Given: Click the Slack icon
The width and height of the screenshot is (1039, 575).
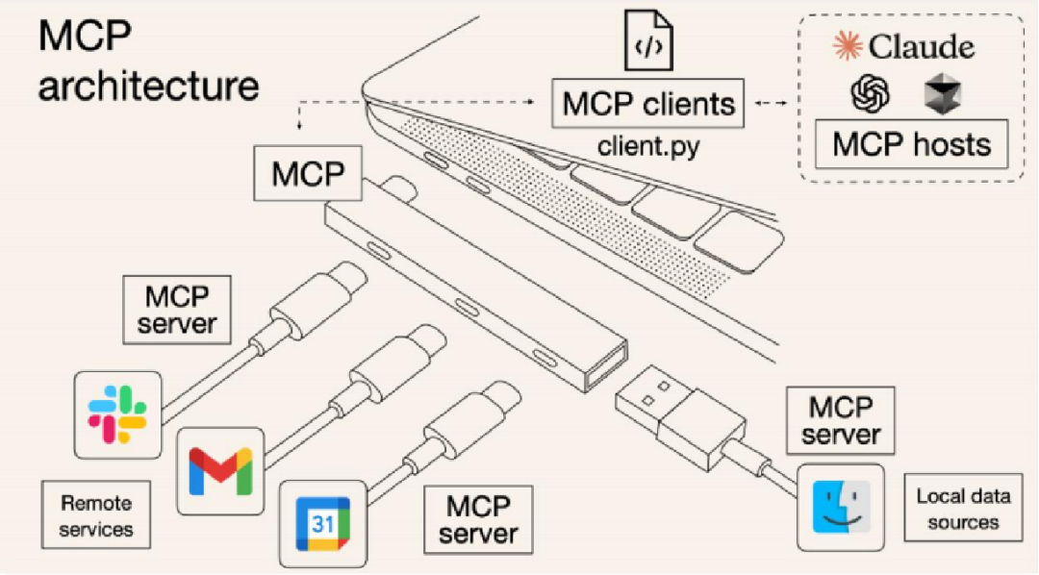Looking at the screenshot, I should [116, 412].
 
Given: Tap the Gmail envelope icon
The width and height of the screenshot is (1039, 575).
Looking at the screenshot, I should [220, 471].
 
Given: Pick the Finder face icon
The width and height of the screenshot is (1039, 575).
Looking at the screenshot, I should [840, 507].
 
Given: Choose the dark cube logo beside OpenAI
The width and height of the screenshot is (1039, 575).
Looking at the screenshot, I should [941, 94].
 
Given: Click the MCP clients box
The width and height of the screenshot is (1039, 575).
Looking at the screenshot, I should [648, 104].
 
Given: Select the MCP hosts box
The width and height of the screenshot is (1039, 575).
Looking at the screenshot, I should [911, 145].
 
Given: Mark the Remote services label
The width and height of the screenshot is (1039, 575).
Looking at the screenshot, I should [96, 515].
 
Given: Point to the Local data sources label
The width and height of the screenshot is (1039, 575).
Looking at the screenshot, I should [963, 509].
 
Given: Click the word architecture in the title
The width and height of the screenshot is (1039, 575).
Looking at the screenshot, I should [149, 86].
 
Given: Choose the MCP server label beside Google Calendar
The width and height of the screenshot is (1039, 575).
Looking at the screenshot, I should [477, 518].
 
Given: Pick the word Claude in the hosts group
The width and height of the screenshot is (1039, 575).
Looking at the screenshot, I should [921, 47].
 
